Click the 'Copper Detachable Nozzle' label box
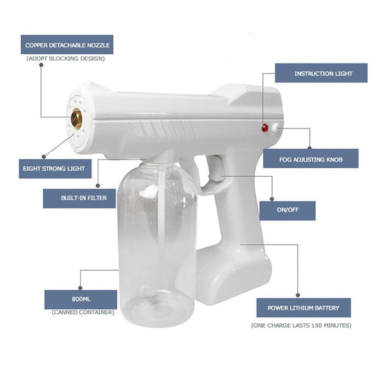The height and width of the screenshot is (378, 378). click(67, 45)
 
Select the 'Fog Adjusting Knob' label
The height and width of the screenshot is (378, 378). click(311, 159)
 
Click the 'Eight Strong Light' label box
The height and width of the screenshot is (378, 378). click(55, 169)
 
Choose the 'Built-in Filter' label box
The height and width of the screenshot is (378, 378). click(79, 198)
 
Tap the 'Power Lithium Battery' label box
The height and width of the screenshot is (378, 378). click(304, 307)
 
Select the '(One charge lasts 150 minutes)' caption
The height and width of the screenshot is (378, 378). click(301, 325)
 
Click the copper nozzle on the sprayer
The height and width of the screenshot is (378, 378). click(76, 118)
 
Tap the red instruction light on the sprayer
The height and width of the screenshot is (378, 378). click(265, 128)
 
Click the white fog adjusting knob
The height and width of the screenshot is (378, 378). click(275, 128)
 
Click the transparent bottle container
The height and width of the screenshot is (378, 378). click(156, 246)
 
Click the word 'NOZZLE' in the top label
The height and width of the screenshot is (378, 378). click(96, 45)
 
